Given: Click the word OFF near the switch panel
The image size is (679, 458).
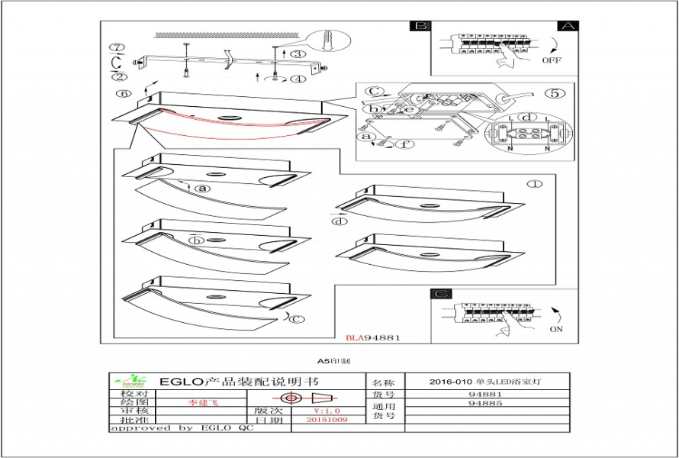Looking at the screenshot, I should (x=552, y=60).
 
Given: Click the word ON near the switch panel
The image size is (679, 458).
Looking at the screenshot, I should (x=555, y=329).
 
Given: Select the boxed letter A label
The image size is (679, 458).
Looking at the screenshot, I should (x=565, y=25).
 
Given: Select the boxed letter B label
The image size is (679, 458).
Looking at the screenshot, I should (x=420, y=25).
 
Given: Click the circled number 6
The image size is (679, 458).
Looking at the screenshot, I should (x=119, y=94).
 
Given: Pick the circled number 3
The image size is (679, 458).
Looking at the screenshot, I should (x=297, y=53).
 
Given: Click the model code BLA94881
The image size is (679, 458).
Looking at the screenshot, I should (x=373, y=337).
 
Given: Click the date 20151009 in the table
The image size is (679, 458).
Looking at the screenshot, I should (x=327, y=420).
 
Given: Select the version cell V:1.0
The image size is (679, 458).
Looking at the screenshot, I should (x=323, y=410).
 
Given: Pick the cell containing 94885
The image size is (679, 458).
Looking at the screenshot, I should (x=485, y=403).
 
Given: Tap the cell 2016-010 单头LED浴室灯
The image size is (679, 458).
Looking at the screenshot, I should (x=488, y=381).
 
